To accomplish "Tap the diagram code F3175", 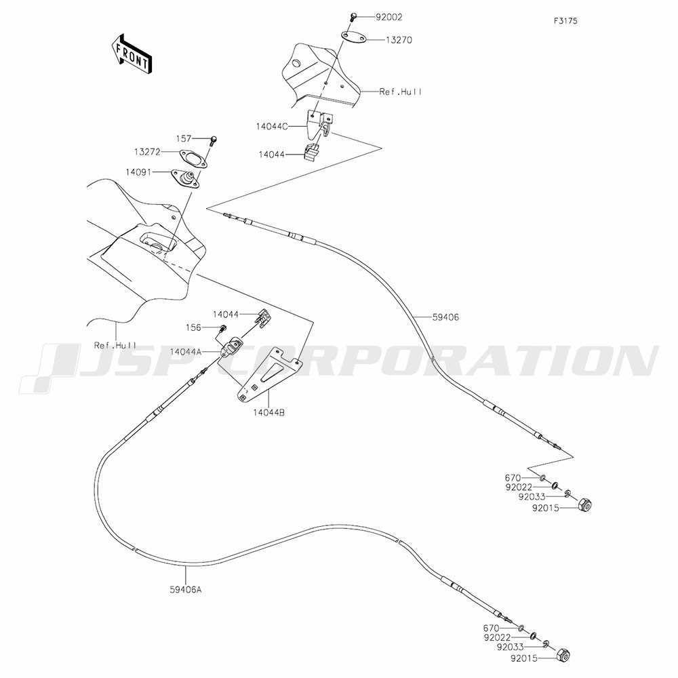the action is pos(565,21).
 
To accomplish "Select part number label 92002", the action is pos(388,18).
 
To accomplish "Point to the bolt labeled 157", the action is pos(214,140).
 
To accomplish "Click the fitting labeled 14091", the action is pos(186,179).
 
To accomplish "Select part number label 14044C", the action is pos(271,126).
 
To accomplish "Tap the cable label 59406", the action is pos(445,317).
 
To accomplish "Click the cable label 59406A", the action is pos(186,589).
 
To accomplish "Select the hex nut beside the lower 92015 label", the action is pos(562,655).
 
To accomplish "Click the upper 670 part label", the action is pos(513,478).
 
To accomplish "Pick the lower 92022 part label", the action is pos(498,637).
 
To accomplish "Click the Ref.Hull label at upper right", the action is pos(401,92).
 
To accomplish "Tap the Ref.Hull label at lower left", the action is pos(115,345).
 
